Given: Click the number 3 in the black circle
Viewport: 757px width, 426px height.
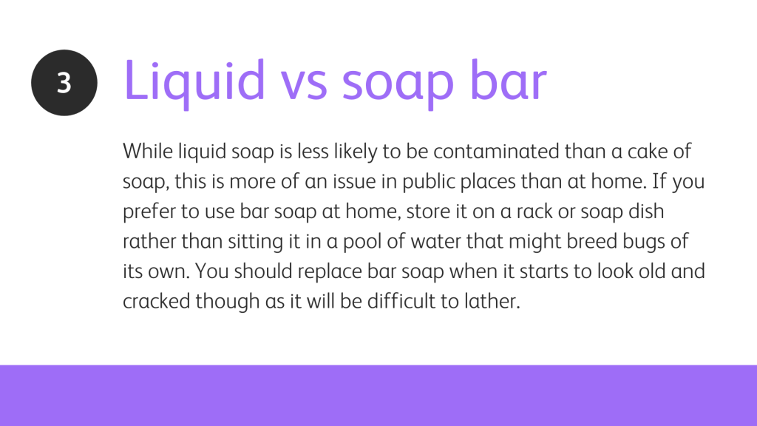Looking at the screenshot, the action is point(64,83).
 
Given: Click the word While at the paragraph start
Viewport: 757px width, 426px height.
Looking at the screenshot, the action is point(148,151).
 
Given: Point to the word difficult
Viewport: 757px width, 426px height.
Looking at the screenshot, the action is point(401,302).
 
